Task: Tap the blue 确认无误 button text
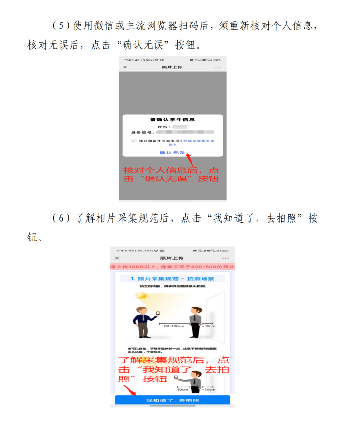[x=172, y=153]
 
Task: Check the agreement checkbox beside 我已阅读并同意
[x=133, y=141]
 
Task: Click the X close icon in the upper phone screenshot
[x=125, y=67]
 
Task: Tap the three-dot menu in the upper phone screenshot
[x=218, y=67]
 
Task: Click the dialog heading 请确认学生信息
[x=172, y=120]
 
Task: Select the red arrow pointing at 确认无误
[x=191, y=160]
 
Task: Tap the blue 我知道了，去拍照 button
[x=172, y=401]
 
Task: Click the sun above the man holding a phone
[x=142, y=296]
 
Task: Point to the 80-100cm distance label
[x=174, y=326]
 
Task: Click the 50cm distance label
[x=183, y=389]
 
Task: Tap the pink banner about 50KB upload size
[x=172, y=266]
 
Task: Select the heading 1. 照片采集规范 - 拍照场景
[x=172, y=278]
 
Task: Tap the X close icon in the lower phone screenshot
[x=117, y=258]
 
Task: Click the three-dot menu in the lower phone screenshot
[x=225, y=258]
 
